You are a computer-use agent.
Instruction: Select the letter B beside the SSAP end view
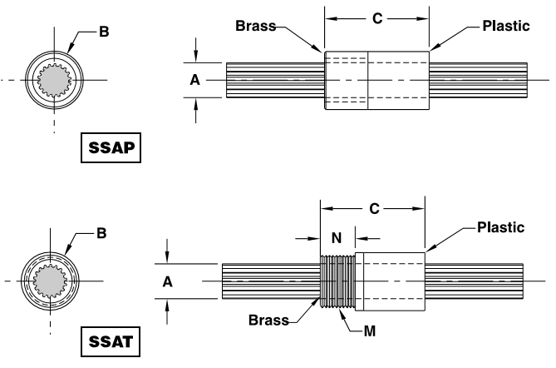104,32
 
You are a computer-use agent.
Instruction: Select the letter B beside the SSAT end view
101,233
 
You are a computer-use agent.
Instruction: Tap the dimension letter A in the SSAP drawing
194,80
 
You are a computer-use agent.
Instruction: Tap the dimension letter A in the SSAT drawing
168,282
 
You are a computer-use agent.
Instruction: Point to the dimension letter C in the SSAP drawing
376,17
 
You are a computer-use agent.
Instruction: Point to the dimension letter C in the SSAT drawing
373,209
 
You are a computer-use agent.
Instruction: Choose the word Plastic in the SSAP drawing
506,26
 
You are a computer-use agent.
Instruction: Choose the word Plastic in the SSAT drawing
500,227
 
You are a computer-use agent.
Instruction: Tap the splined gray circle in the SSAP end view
56,80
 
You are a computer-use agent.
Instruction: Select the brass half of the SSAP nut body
346,81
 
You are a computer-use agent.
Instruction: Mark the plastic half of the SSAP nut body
398,81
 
